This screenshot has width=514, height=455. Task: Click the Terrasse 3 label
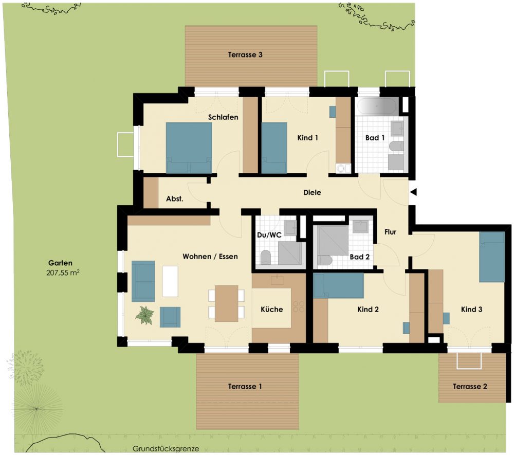(245, 54)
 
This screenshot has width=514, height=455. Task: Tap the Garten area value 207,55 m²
(63, 272)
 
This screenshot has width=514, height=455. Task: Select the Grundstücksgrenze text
(166, 449)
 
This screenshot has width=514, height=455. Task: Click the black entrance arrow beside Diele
(413, 192)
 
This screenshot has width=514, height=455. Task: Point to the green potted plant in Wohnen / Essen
(144, 315)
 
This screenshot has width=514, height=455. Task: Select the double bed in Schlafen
(189, 148)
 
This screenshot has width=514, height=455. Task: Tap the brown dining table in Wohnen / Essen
(227, 303)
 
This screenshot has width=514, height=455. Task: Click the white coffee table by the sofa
(171, 281)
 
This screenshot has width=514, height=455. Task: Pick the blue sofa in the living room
(143, 281)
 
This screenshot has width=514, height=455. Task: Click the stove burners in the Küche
(299, 306)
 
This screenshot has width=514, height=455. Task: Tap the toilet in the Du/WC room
(266, 258)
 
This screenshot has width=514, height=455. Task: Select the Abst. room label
(174, 198)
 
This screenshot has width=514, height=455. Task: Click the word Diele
(312, 192)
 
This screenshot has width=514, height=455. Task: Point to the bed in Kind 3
(492, 257)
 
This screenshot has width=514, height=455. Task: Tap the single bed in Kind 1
(274, 148)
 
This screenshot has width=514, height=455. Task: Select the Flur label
(391, 232)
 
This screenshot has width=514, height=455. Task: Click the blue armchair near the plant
(170, 317)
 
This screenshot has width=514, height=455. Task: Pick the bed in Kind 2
(338, 285)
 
